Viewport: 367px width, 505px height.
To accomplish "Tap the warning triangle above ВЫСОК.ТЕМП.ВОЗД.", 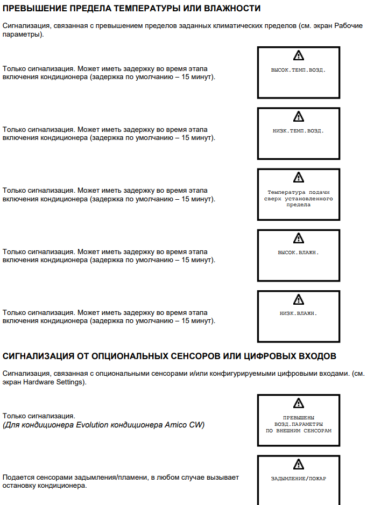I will pyautogui.click(x=299, y=55).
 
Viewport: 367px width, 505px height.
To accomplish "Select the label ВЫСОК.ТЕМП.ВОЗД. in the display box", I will pyautogui.click(x=299, y=70).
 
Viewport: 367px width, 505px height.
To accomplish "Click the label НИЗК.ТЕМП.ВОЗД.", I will pyautogui.click(x=299, y=131).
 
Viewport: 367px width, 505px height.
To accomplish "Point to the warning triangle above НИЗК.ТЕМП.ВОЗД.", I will pyautogui.click(x=299, y=116).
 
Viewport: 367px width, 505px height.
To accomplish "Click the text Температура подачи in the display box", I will pyautogui.click(x=299, y=192).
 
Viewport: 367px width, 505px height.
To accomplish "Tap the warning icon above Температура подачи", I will pyautogui.click(x=299, y=177).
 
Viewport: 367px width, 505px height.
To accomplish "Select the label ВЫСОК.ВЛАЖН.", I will pyautogui.click(x=299, y=253).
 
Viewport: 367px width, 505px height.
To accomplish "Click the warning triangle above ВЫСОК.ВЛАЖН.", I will pyautogui.click(x=299, y=238).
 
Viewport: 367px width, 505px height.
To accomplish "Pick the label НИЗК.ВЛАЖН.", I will pyautogui.click(x=299, y=313).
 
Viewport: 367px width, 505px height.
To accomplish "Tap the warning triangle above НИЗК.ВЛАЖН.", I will pyautogui.click(x=299, y=299).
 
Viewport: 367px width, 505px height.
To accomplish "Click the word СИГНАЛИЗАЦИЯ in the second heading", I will pyautogui.click(x=39, y=356).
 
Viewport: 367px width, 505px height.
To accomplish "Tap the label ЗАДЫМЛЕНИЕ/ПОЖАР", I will pyautogui.click(x=299, y=478).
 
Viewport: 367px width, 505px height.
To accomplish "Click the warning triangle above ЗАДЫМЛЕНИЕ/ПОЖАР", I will pyautogui.click(x=299, y=464).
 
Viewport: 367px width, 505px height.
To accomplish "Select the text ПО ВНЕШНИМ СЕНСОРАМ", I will pyautogui.click(x=299, y=431).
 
